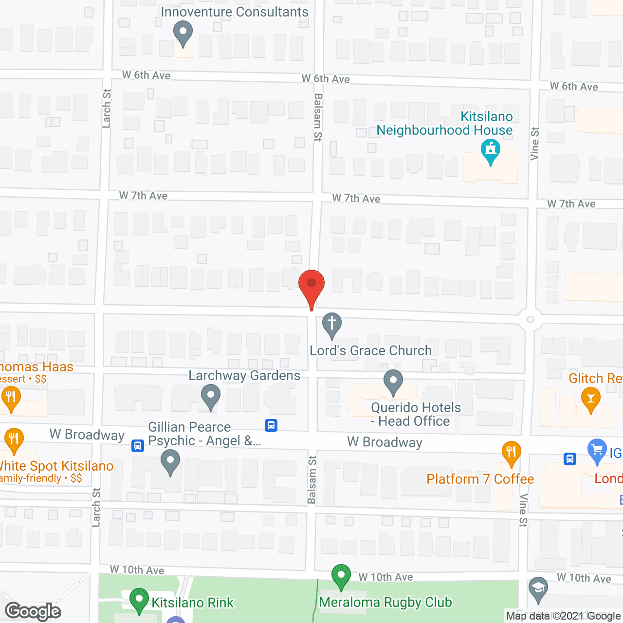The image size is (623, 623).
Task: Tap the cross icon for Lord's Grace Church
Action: [x=332, y=324]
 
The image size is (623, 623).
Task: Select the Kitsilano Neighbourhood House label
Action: [x=444, y=124]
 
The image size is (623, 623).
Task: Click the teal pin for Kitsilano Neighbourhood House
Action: [x=491, y=151]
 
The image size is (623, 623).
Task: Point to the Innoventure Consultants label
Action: [x=235, y=12]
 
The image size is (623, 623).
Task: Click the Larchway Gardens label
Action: [x=244, y=376]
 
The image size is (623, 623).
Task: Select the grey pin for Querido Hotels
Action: [x=393, y=382]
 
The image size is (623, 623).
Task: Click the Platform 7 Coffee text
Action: [x=480, y=479]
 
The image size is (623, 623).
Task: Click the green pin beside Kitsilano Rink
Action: [x=139, y=601]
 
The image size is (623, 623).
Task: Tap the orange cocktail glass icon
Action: [x=591, y=400]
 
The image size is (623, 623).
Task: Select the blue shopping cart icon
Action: [x=597, y=451]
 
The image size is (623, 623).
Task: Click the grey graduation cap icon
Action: [x=538, y=589]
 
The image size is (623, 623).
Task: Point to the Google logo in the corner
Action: [x=33, y=611]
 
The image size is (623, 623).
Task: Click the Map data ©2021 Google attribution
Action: [x=564, y=616]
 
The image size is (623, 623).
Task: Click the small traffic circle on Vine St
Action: [x=531, y=320]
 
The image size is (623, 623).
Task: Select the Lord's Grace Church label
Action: [x=371, y=351]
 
